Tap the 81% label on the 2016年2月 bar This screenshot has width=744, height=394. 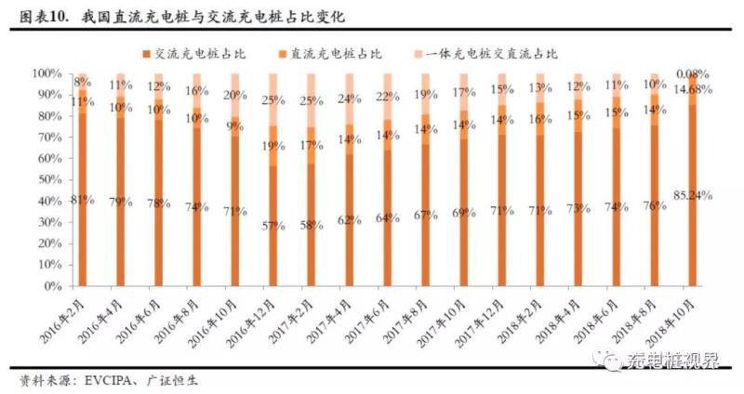(x=81, y=199)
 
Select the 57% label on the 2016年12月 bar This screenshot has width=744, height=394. (x=273, y=226)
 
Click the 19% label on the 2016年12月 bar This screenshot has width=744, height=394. (x=273, y=146)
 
